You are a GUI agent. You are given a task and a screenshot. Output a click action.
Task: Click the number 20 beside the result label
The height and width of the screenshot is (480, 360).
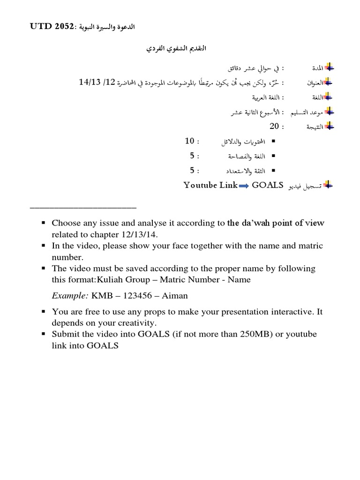coord(274,126)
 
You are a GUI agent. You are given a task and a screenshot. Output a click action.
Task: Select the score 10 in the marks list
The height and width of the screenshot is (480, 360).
coord(189,141)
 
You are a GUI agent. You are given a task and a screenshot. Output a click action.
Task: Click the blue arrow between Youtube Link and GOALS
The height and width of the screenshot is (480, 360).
coord(244,186)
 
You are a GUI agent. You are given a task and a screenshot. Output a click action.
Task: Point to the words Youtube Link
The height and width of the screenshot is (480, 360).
coord(211,185)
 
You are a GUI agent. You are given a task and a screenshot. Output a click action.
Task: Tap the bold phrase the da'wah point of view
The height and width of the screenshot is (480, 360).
coord(275,223)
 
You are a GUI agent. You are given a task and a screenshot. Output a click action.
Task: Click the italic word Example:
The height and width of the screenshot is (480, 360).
coord(70,296)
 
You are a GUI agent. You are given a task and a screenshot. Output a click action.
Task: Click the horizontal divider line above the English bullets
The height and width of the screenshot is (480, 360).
coord(83,206)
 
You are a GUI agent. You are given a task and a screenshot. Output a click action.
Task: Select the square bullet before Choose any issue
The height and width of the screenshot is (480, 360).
coord(43,224)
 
